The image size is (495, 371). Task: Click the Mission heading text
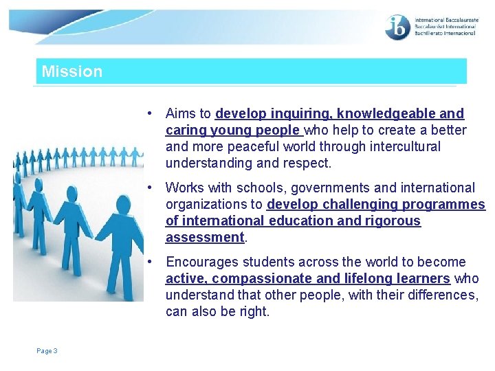[x=71, y=71]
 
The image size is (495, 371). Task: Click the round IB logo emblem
[x=397, y=27]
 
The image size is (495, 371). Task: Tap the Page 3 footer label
[x=47, y=351]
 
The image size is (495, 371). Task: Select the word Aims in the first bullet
[x=181, y=113]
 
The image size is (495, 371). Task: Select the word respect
[x=306, y=163]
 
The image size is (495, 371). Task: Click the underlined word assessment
[x=205, y=237]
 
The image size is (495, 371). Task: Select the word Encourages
[x=201, y=262]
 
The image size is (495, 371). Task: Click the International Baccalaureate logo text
[x=445, y=27]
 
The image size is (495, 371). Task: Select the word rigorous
[x=390, y=221]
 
